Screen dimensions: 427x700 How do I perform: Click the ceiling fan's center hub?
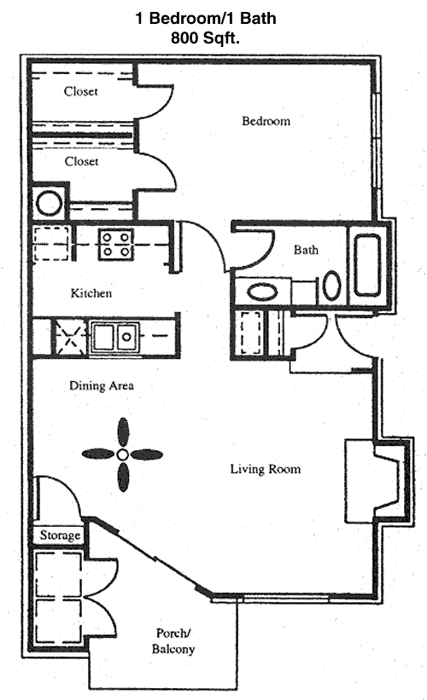[x=123, y=454]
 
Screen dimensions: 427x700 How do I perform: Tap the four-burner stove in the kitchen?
[x=116, y=244]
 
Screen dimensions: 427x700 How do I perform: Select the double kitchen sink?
[x=115, y=337]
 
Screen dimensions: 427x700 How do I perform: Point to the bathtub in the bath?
[x=367, y=266]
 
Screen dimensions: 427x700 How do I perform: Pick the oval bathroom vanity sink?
[x=262, y=292]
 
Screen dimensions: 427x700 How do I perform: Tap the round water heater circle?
[x=49, y=203]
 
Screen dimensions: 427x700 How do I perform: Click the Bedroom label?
[x=266, y=121]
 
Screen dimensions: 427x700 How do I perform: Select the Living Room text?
[x=266, y=469]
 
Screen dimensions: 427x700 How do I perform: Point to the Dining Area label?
[x=102, y=385]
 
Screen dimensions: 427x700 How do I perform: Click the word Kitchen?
[x=91, y=293]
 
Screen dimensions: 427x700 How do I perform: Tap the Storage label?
[x=60, y=535]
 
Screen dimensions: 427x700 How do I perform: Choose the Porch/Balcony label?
[x=173, y=641]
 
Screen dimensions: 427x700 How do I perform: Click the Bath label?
[x=306, y=250]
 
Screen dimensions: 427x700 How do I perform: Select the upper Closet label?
[x=81, y=91]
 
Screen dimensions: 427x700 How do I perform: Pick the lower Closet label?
[x=81, y=161]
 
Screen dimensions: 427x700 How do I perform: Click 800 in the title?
[x=185, y=38]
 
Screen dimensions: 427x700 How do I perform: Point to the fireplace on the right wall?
[x=377, y=480]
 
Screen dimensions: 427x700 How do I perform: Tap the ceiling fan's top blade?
[x=123, y=432]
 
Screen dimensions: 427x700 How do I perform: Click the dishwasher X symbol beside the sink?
[x=70, y=337]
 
